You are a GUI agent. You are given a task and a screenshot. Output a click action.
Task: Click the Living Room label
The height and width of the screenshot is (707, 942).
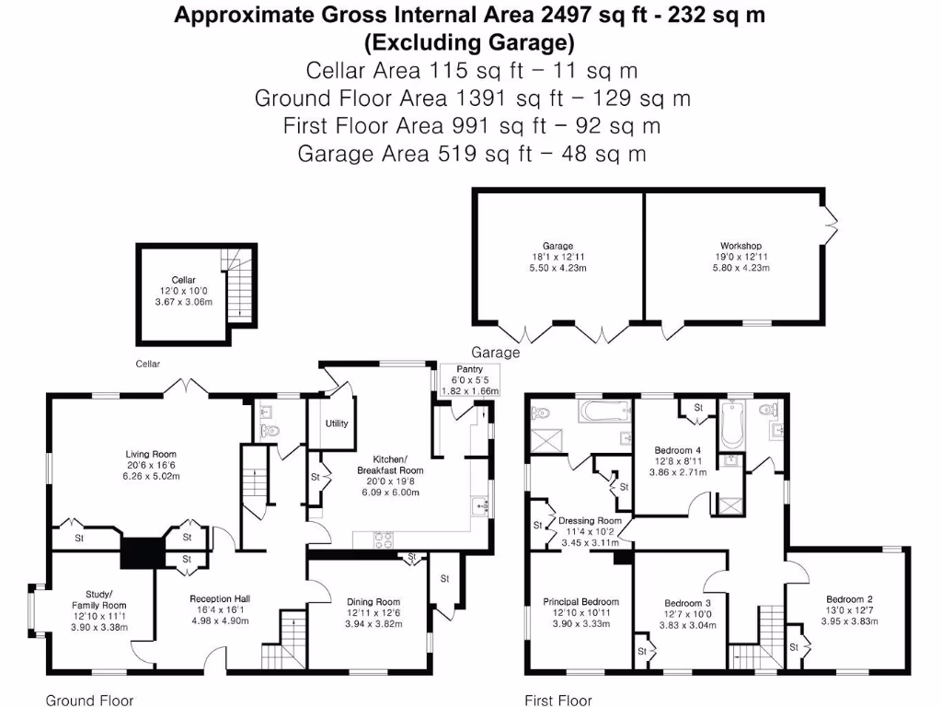[151, 454]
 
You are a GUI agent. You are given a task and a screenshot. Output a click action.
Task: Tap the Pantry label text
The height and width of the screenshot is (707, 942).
[469, 369]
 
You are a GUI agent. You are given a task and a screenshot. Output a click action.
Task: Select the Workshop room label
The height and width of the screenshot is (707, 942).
[741, 246]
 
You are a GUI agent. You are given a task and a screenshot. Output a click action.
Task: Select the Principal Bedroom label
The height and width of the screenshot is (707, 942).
[581, 602]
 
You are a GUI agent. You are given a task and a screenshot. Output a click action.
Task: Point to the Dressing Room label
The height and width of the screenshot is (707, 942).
[590, 521]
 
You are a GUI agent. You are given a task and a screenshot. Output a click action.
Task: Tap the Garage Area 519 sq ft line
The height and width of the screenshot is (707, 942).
[471, 154]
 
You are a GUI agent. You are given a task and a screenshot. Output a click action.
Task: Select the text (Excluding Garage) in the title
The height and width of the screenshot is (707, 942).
[470, 42]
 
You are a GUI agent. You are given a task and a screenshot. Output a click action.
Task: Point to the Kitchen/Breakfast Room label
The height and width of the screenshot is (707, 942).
[397, 464]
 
